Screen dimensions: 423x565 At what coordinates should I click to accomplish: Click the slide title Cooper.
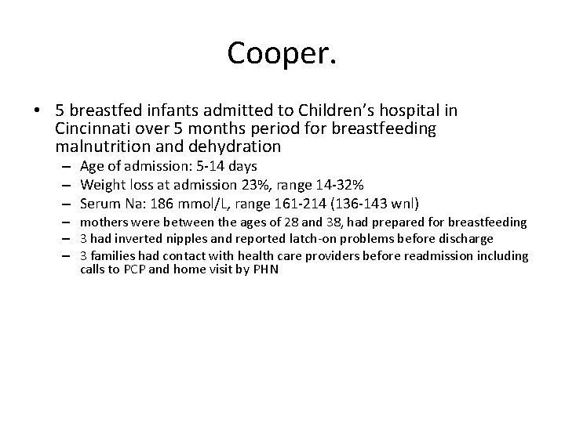[282, 53]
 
